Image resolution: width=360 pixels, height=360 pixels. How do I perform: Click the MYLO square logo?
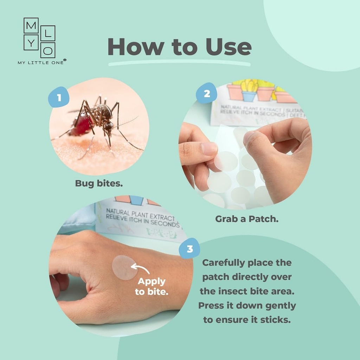click(39, 38)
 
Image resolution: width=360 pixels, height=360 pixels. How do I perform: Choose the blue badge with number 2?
click(207, 93)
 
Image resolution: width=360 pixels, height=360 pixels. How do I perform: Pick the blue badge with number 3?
click(189, 249)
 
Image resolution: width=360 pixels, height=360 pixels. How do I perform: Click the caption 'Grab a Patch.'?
click(247, 219)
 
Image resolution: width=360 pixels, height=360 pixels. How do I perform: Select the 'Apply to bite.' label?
click(151, 287)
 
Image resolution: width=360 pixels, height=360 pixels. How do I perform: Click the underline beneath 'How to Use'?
click(179, 64)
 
